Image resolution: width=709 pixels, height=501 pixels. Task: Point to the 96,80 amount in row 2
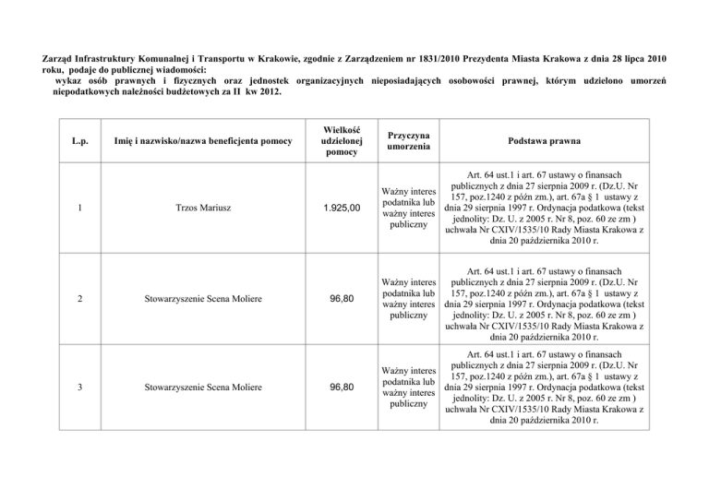pos(342,299)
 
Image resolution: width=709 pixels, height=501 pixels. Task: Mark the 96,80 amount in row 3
pos(342,386)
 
